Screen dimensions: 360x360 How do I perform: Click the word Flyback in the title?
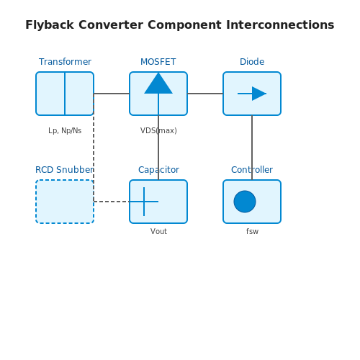50,25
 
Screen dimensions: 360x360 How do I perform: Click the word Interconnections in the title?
280,24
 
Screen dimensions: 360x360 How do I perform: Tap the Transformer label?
65,62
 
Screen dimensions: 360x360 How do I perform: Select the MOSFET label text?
158,62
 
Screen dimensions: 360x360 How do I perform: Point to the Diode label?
252,62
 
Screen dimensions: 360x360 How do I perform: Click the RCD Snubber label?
65,170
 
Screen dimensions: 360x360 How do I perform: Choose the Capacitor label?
158,170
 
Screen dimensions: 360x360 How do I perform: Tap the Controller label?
252,170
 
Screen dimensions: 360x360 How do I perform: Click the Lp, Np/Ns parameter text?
65,130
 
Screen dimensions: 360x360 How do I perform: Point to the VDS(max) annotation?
158,130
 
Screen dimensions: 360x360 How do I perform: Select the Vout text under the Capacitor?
158,231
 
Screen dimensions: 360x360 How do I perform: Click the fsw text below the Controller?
252,231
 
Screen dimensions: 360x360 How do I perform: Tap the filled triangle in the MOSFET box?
158,85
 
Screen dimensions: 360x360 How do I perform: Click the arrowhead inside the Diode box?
259,94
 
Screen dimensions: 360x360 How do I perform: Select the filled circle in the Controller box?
245,202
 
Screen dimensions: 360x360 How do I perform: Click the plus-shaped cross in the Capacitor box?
144,202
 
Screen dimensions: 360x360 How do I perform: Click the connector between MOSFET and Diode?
205,94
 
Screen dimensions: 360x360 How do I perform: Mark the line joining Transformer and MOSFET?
112,94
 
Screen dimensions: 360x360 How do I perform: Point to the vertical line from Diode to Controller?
252,148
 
